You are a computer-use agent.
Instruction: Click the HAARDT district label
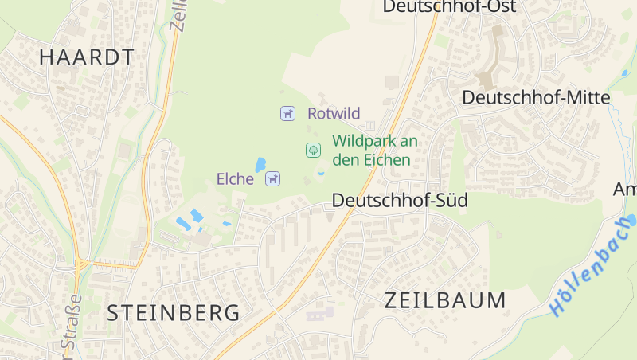tap(86, 57)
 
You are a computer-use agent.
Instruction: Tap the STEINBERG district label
tap(173, 312)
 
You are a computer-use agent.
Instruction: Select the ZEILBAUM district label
tap(445, 300)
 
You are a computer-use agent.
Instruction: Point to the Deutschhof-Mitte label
tap(536, 97)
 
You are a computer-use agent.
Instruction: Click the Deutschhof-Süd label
tap(400, 200)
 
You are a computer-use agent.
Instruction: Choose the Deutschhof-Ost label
tap(449, 7)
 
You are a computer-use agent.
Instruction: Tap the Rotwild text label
tap(334, 113)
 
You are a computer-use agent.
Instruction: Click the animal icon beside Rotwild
tap(287, 113)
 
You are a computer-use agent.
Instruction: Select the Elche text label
tap(235, 179)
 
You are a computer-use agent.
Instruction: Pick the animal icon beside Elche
tap(273, 179)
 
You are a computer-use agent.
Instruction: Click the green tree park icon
tap(314, 149)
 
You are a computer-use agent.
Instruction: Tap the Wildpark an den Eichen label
tap(374, 150)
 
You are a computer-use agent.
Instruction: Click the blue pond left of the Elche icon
tap(260, 165)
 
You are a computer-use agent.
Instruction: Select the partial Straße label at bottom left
tap(71, 327)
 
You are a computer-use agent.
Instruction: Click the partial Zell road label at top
tap(178, 14)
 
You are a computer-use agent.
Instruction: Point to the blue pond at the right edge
tap(631, 219)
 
